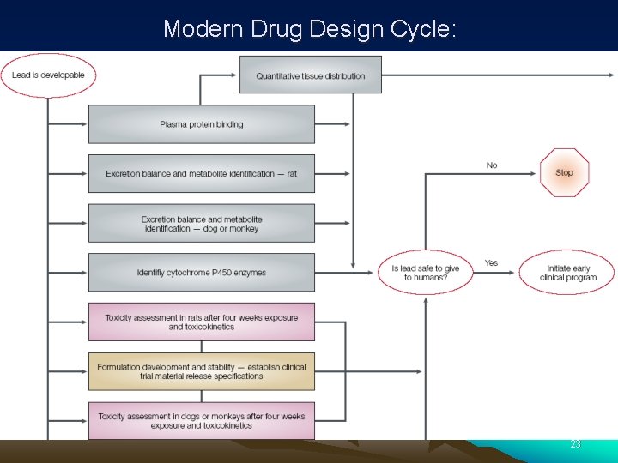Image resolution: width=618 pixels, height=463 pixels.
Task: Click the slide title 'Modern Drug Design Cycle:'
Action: (x=310, y=28)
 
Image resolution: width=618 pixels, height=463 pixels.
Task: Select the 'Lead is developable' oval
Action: (x=48, y=75)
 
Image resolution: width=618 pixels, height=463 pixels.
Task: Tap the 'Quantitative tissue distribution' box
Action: (x=310, y=75)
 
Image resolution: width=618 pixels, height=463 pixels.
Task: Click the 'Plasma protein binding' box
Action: (x=202, y=124)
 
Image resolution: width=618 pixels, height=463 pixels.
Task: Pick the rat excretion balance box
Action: (x=202, y=173)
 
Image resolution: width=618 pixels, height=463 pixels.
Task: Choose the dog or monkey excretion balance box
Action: (x=202, y=223)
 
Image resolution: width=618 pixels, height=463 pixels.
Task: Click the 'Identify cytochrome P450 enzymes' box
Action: (x=202, y=273)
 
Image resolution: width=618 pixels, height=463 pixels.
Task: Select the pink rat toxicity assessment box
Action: (x=202, y=322)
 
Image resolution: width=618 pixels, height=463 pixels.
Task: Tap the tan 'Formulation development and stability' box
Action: (x=202, y=371)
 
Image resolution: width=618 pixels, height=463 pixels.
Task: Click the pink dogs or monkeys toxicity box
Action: (x=202, y=421)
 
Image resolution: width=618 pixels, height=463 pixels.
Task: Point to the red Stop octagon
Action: (x=564, y=172)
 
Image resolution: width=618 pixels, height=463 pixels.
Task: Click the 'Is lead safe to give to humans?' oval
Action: (x=425, y=273)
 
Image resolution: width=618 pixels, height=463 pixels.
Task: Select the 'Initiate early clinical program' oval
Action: (x=567, y=273)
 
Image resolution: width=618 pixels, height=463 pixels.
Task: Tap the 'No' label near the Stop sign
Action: (x=492, y=165)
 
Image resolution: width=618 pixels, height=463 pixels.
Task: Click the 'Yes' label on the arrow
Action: (x=491, y=262)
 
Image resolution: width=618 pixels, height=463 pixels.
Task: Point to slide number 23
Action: (x=575, y=444)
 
